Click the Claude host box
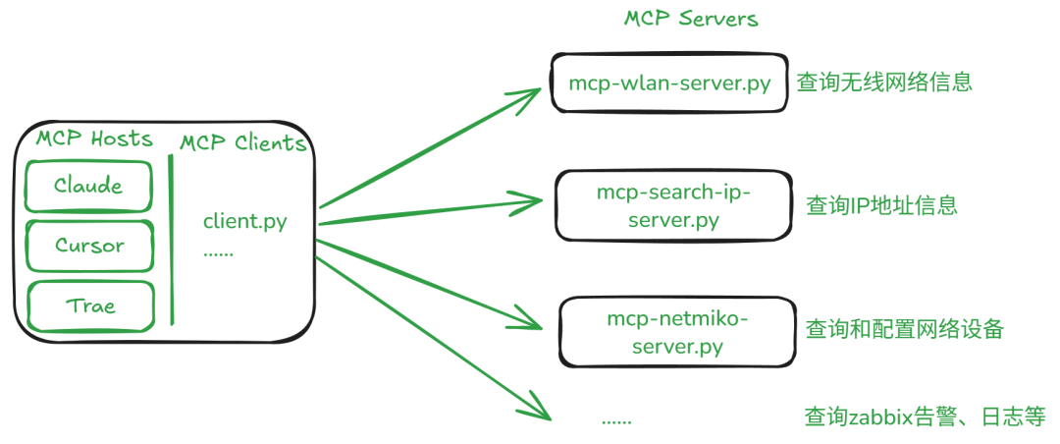[x=89, y=186]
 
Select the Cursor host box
[x=89, y=246]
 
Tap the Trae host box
[x=90, y=305]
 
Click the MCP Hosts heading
[x=94, y=139]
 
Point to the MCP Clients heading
[x=242, y=143]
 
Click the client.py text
[x=244, y=221]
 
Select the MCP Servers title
[x=691, y=19]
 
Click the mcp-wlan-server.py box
[x=668, y=83]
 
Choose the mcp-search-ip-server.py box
[x=672, y=205]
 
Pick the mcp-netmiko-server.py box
[x=677, y=332]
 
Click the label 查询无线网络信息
[x=883, y=83]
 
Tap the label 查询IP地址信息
[x=881, y=205]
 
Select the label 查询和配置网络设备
[x=904, y=329]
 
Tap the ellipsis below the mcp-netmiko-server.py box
[x=616, y=419]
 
